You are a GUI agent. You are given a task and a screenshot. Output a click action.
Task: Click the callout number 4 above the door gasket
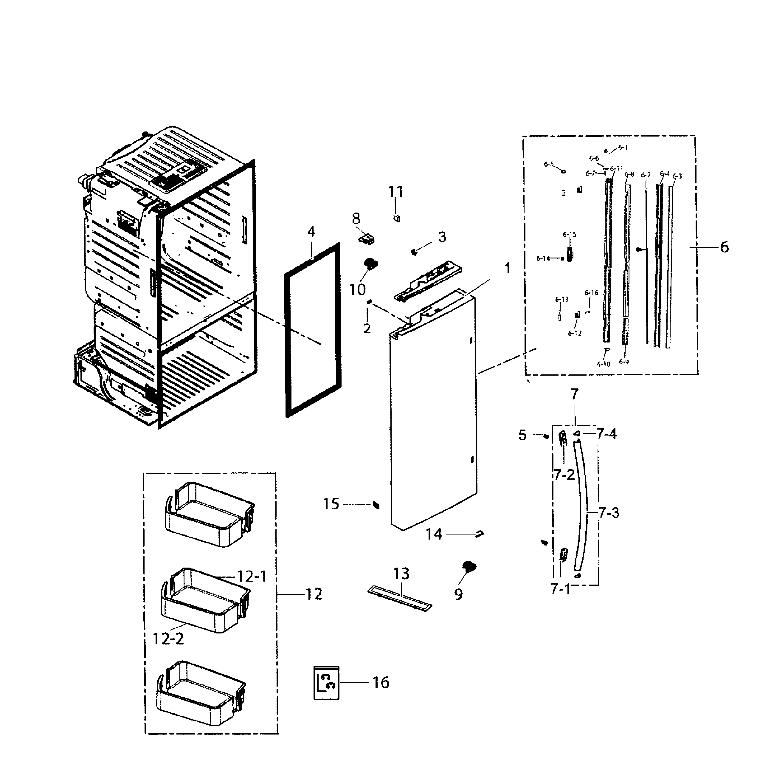pos(311,232)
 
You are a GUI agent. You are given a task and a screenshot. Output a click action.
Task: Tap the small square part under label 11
pos(397,219)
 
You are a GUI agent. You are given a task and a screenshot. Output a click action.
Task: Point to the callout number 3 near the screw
pos(442,237)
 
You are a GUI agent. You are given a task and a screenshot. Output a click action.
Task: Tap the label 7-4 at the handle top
pos(606,434)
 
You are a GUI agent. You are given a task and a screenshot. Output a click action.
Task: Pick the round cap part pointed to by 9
pos(469,566)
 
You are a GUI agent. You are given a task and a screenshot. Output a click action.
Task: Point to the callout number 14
pos(434,534)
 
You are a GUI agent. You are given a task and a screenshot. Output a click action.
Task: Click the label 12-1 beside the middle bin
pos(252,577)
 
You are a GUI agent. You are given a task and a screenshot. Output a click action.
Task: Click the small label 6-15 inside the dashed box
pos(570,234)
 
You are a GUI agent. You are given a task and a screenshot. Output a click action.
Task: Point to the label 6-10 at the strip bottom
pos(604,364)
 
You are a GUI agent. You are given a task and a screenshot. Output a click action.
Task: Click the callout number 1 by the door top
pos(507,268)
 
